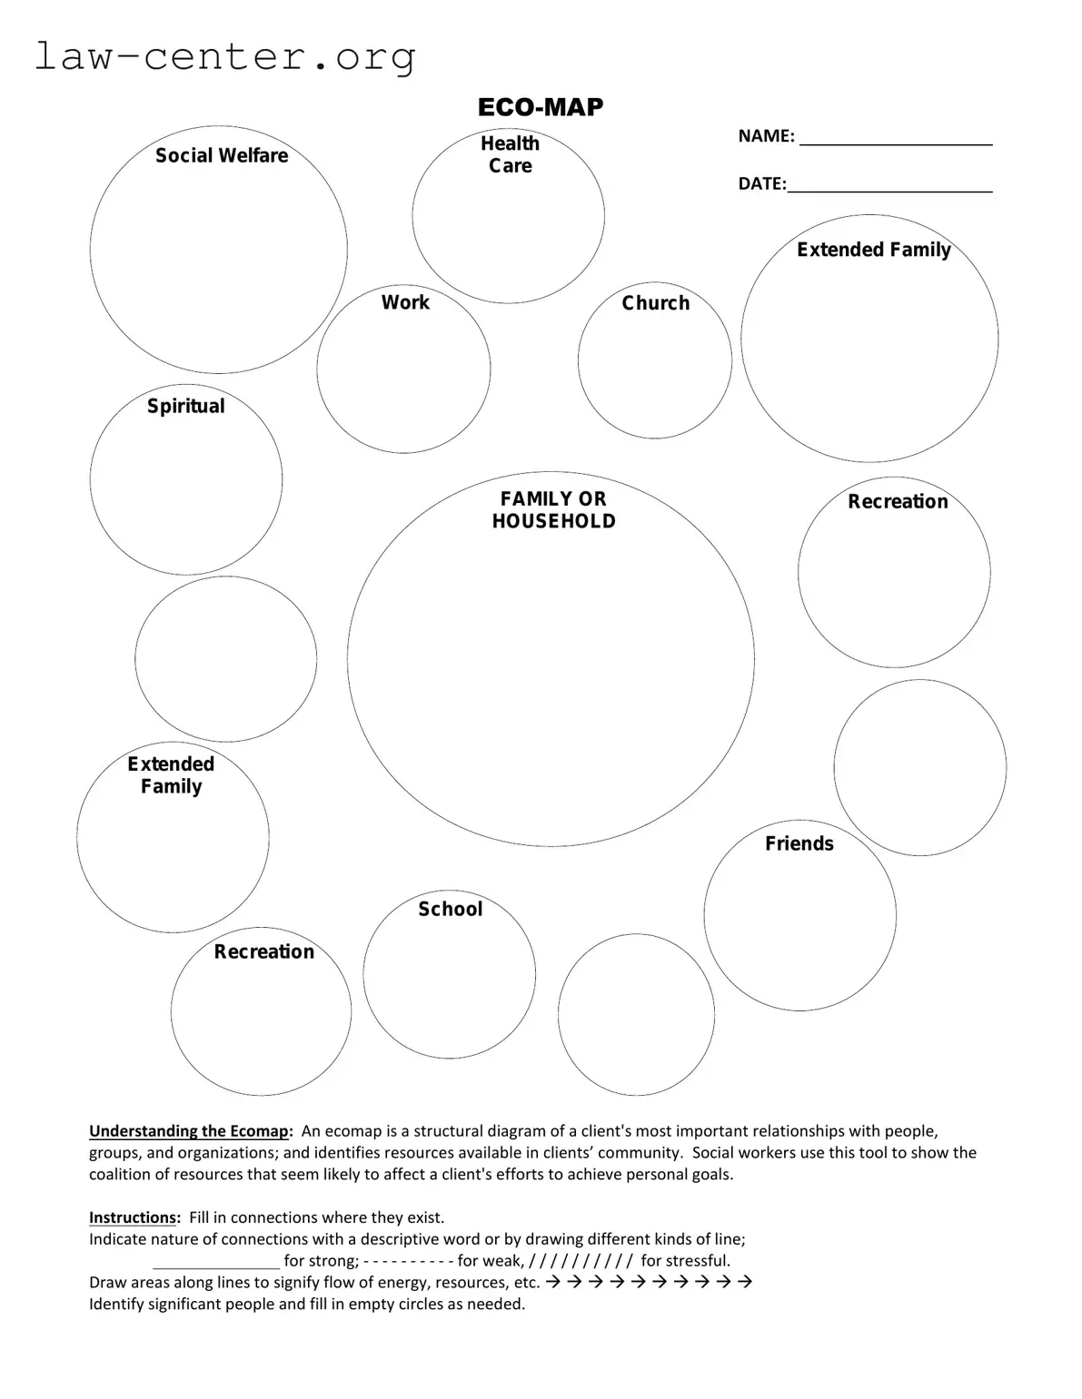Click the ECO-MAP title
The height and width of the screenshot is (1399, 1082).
tap(541, 107)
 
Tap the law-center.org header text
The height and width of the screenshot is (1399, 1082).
tap(225, 56)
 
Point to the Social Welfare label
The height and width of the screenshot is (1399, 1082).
tap(222, 156)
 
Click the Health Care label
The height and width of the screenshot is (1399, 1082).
tap(510, 154)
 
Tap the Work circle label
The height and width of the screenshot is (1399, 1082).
tap(405, 302)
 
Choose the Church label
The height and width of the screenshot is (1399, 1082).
tap(656, 303)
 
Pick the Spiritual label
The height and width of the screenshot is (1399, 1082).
tap(186, 406)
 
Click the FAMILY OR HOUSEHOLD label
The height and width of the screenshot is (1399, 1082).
tap(553, 510)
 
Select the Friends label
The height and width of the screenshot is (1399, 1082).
tap(799, 843)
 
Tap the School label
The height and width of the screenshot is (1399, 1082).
tap(450, 909)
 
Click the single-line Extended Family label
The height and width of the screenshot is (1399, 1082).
tap(874, 250)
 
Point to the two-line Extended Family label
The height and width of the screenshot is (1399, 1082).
tap(171, 775)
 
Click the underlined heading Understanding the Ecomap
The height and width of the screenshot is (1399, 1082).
tap(190, 1131)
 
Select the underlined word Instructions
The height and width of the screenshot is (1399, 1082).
tap(133, 1217)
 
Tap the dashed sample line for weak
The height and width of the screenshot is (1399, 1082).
tap(407, 1261)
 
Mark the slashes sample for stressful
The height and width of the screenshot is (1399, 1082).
tap(580, 1261)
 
